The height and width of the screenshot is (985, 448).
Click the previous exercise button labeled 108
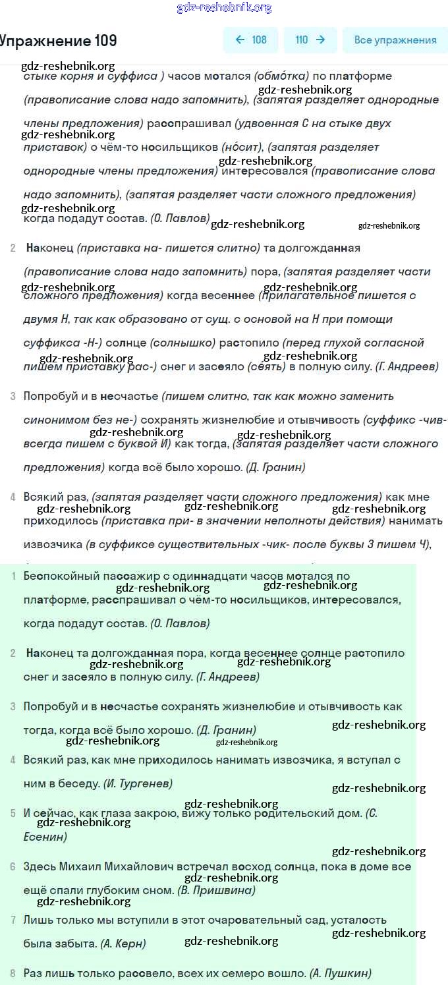[x=251, y=40]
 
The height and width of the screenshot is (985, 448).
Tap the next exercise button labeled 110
[x=310, y=40]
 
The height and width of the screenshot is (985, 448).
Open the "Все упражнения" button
[x=395, y=40]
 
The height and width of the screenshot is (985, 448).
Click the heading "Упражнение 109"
[x=58, y=41]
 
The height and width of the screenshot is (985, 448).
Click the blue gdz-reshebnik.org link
[x=224, y=7]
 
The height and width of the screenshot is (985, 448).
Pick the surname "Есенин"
[x=45, y=837]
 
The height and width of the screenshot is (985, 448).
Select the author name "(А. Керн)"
[x=123, y=943]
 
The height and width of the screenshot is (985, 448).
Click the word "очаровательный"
[x=284, y=920]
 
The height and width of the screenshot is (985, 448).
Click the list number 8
[x=13, y=973]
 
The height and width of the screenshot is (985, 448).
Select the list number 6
[x=13, y=866]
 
